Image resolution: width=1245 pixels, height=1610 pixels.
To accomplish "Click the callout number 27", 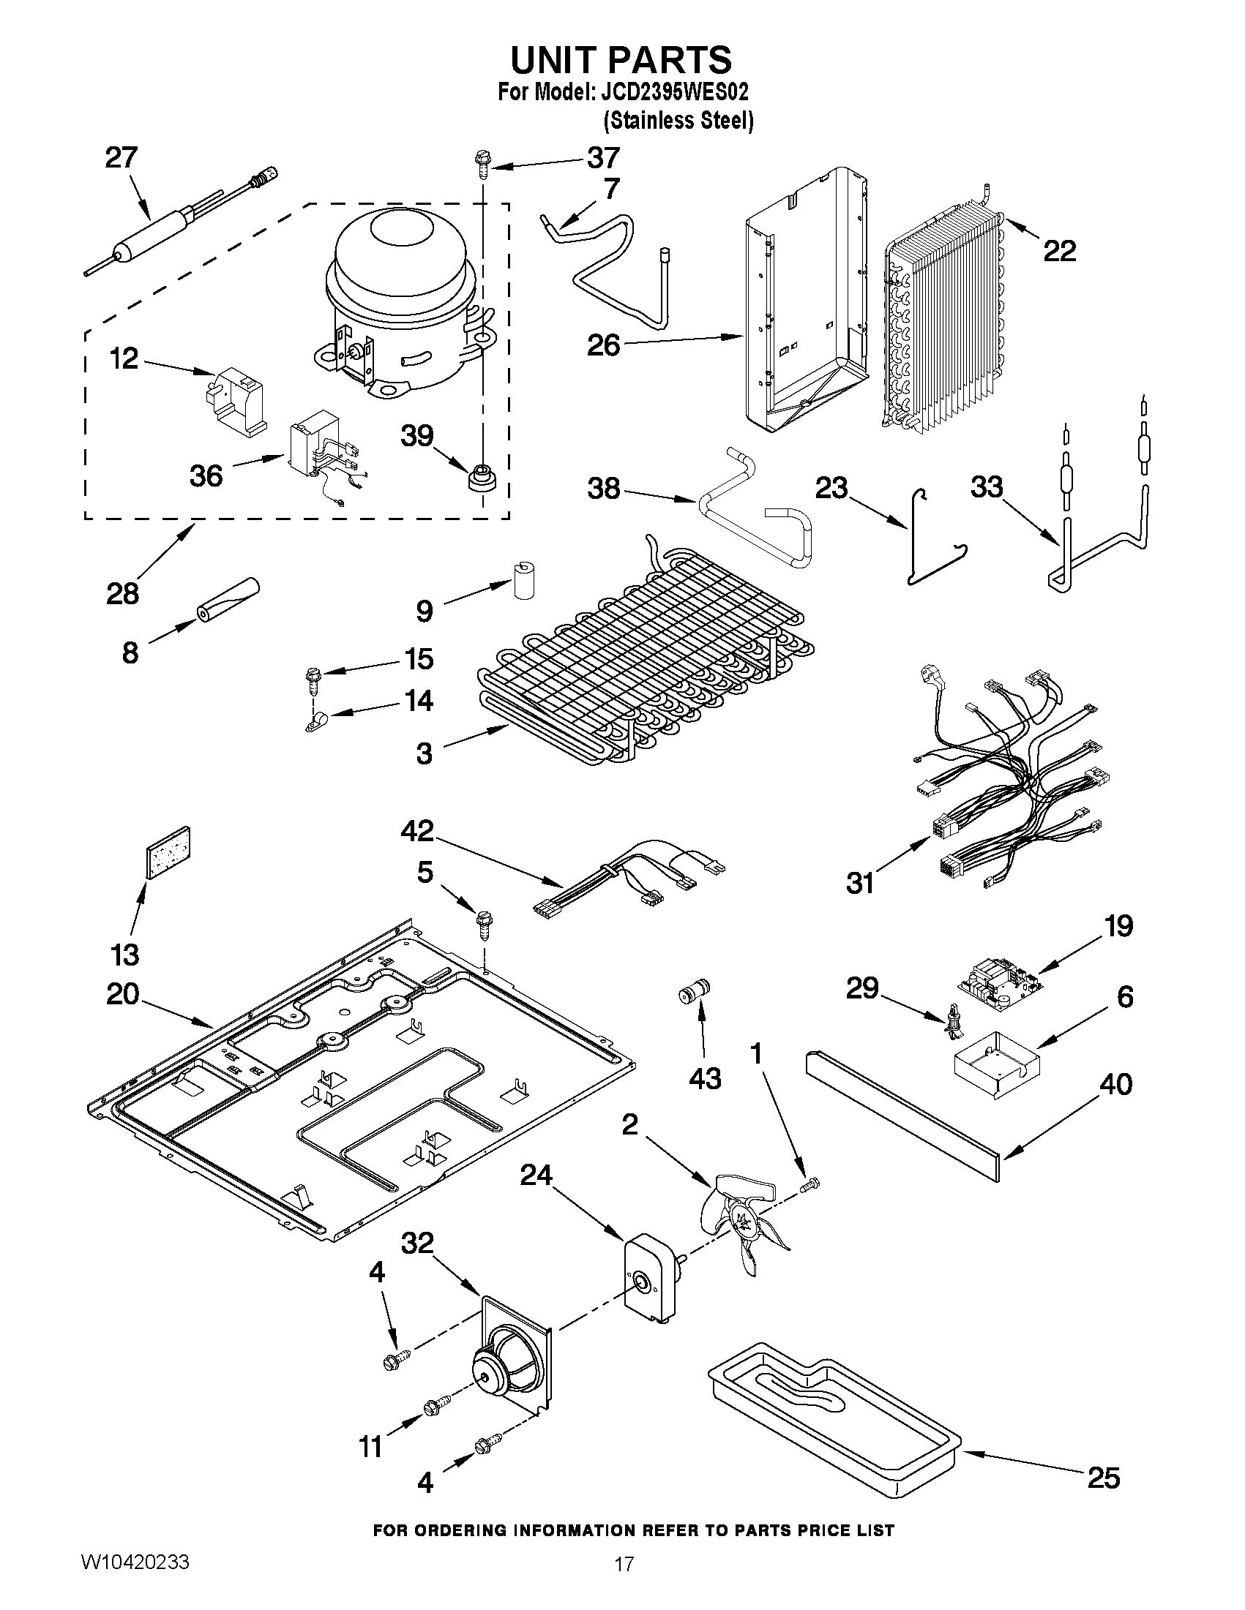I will tap(121, 158).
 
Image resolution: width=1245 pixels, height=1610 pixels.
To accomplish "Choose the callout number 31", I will tap(860, 882).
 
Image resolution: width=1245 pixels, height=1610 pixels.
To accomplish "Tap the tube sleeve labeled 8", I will tap(228, 598).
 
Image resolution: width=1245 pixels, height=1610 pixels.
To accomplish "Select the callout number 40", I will tap(1115, 1084).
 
